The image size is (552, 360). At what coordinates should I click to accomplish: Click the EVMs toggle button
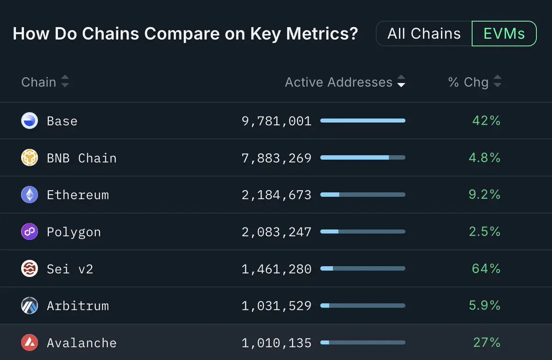(504, 34)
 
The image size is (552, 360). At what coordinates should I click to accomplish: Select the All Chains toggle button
(424, 34)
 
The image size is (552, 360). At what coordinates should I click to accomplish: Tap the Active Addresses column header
(339, 82)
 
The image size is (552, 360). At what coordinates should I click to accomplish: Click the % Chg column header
(468, 82)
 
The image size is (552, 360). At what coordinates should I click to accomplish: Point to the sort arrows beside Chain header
(65, 82)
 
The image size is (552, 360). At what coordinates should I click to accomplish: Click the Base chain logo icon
(30, 121)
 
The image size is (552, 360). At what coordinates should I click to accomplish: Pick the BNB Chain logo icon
(30, 158)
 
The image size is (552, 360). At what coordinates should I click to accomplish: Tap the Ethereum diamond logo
(30, 195)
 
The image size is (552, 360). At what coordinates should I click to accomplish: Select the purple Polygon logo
(30, 232)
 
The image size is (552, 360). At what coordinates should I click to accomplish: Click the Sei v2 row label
(70, 269)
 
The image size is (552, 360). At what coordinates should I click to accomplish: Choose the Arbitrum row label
(78, 306)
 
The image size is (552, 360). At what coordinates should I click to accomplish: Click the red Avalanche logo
(30, 343)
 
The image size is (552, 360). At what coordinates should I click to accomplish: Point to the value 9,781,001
(276, 121)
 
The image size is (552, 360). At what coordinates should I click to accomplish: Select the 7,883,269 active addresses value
(276, 158)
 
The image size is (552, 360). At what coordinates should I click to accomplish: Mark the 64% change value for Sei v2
(486, 269)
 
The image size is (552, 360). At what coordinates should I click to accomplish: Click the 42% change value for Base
(486, 121)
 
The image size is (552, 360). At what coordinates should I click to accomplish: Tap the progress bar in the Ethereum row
(362, 195)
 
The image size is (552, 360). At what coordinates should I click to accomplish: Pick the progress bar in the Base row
(362, 121)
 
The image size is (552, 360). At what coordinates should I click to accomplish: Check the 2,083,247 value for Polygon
(276, 232)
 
